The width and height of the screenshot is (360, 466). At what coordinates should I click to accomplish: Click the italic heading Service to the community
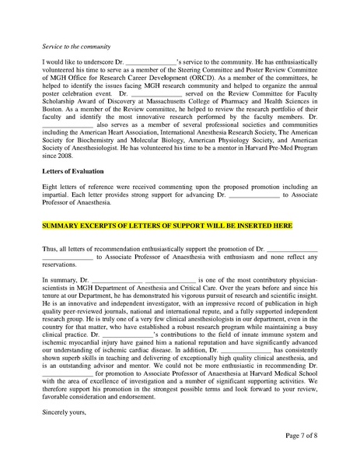pos(76,47)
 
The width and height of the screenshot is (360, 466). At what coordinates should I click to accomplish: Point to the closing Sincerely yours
pos(64,402)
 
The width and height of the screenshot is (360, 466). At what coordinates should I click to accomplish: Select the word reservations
pos(61,262)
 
